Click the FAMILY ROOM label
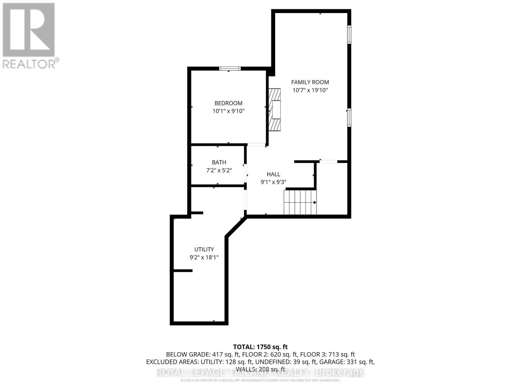click(310, 82)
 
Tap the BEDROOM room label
click(228, 103)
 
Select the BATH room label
click(219, 162)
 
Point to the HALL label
click(273, 174)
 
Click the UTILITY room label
click(204, 250)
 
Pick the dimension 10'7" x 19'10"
click(310, 90)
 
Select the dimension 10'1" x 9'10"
click(228, 111)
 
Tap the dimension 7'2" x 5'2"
click(219, 170)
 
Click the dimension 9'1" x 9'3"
click(273, 182)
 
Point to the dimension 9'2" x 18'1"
click(204, 257)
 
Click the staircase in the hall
click(300, 202)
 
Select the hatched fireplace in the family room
click(274, 109)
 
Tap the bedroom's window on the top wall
click(230, 68)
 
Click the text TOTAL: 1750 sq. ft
click(260, 347)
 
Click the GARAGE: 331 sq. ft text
click(350, 362)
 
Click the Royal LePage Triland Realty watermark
click(260, 372)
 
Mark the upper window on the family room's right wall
click(349, 35)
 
